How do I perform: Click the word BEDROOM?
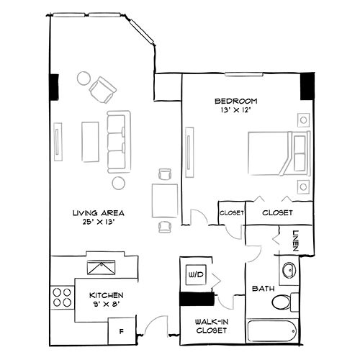[x=235, y=101]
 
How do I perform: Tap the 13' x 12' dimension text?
[x=235, y=111]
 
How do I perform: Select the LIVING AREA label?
[x=99, y=213]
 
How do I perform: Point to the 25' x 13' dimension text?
[x=99, y=222]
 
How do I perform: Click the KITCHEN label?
[x=106, y=296]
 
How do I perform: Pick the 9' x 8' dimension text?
[x=106, y=305]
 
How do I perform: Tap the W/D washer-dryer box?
[x=195, y=275]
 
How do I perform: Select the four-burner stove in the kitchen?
[x=62, y=297]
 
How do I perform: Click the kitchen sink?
[x=100, y=267]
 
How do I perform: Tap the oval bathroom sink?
[x=289, y=271]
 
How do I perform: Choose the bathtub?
[x=271, y=333]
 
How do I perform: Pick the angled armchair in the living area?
[x=103, y=89]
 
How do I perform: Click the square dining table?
[x=165, y=198]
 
